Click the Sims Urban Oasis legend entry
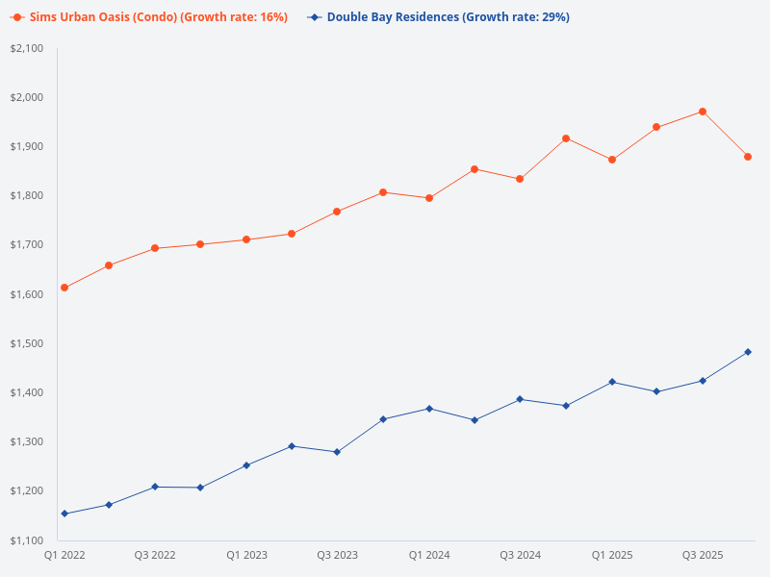coord(149,17)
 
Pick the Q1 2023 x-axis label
coord(246,555)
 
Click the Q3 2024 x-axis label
coord(520,555)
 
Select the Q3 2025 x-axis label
coord(703,555)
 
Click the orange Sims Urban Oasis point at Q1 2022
coord(64,288)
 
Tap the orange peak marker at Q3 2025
coord(703,112)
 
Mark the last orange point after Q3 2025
coord(748,157)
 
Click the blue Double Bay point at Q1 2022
coord(64,514)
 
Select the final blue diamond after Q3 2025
coord(748,352)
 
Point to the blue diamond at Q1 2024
coord(429,409)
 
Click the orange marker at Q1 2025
coord(611,160)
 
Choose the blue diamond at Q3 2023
coord(338,452)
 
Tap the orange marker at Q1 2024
coord(429,198)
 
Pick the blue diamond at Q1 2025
coord(611,382)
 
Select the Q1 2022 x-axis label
coord(64,555)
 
